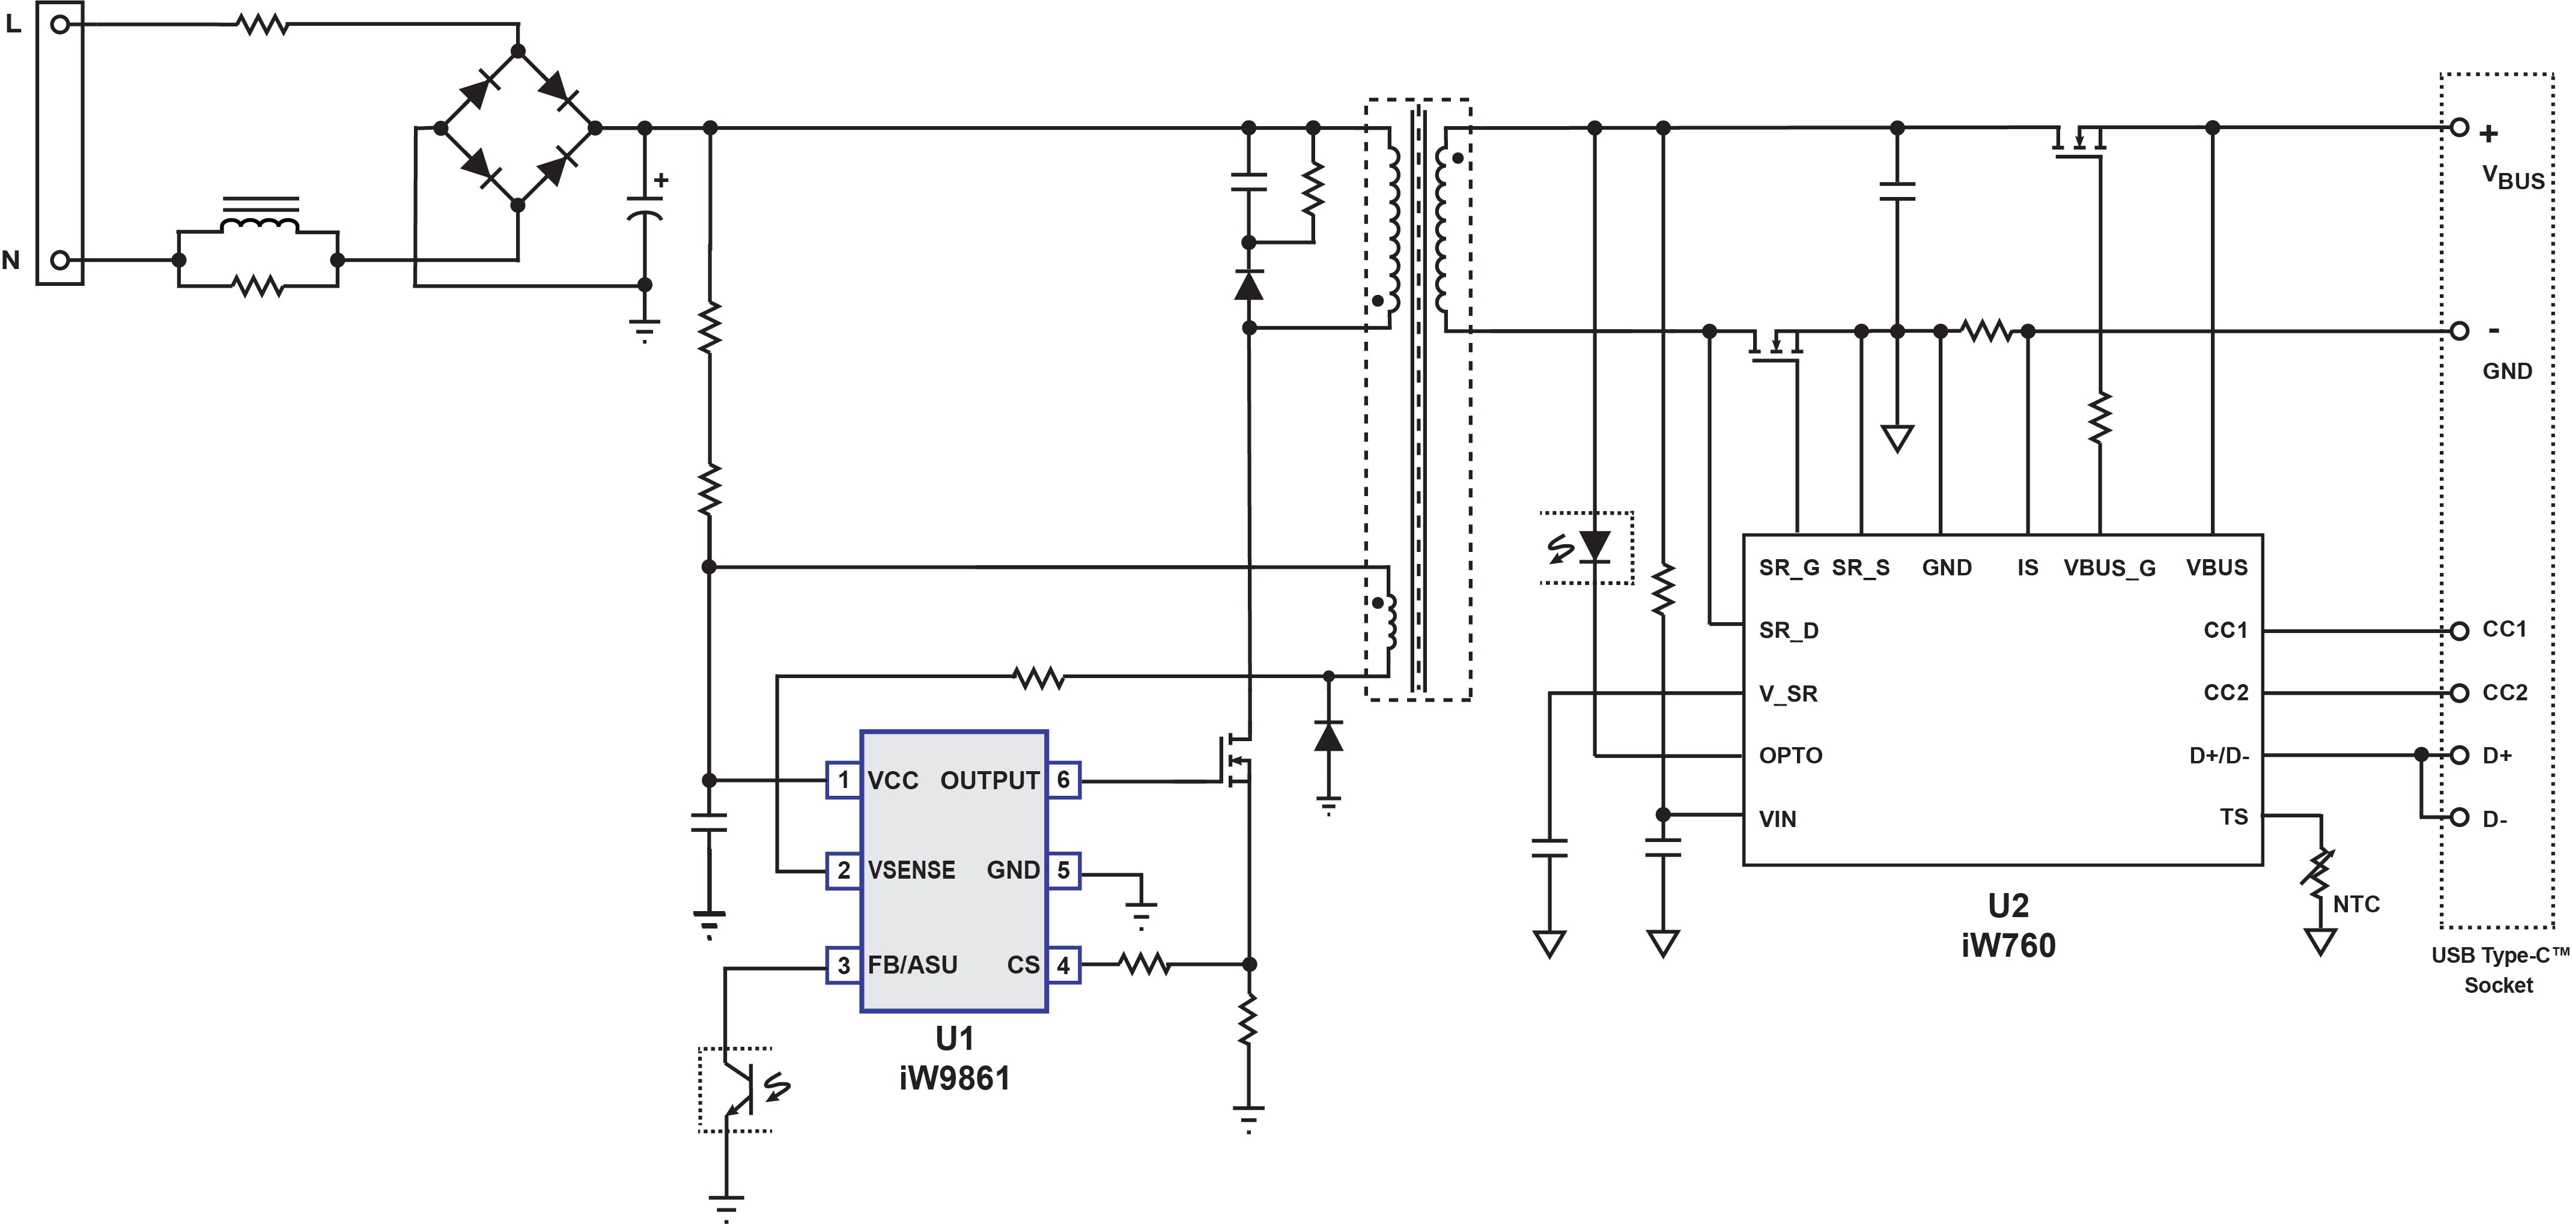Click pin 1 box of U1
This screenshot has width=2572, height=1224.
click(x=844, y=780)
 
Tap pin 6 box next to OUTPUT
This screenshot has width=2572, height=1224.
click(x=1063, y=780)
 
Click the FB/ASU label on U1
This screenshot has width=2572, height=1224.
click(x=913, y=965)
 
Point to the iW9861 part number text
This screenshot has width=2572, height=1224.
click(x=955, y=1078)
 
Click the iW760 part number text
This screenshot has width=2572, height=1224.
click(x=2008, y=945)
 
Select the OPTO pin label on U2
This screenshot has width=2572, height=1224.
click(x=1790, y=756)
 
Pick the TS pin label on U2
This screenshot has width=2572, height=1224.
click(x=2234, y=817)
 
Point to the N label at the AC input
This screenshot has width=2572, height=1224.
click(x=11, y=261)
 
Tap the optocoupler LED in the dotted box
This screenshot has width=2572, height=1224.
click(x=1595, y=547)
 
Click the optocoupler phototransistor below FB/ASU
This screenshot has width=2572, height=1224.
click(x=739, y=1089)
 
